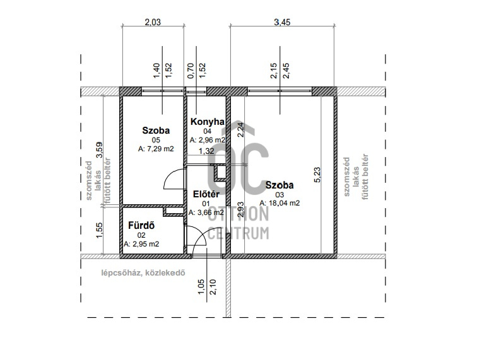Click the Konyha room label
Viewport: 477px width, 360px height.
tap(207, 122)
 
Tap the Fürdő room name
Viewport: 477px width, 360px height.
tap(141, 226)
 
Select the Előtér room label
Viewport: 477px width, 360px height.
tap(206, 194)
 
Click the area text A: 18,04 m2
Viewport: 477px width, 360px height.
tap(280, 203)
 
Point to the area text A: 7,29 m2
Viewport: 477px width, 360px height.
tap(156, 149)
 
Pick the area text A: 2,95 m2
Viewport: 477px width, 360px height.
tap(141, 244)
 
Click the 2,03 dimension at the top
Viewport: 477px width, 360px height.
tap(153, 22)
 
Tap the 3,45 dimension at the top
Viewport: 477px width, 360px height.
tap(282, 22)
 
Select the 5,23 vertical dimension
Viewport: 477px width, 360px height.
tap(317, 175)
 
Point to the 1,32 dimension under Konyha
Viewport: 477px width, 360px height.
tap(206, 151)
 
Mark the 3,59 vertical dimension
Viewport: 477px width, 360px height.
tap(100, 150)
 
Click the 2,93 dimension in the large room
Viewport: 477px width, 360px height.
tap(240, 209)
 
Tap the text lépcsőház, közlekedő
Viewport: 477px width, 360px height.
tap(143, 273)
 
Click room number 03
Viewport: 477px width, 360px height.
tap(280, 195)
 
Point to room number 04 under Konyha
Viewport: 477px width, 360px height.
tap(207, 131)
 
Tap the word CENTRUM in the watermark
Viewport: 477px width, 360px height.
tap(238, 233)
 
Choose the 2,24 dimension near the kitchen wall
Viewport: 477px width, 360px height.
tap(240, 129)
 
